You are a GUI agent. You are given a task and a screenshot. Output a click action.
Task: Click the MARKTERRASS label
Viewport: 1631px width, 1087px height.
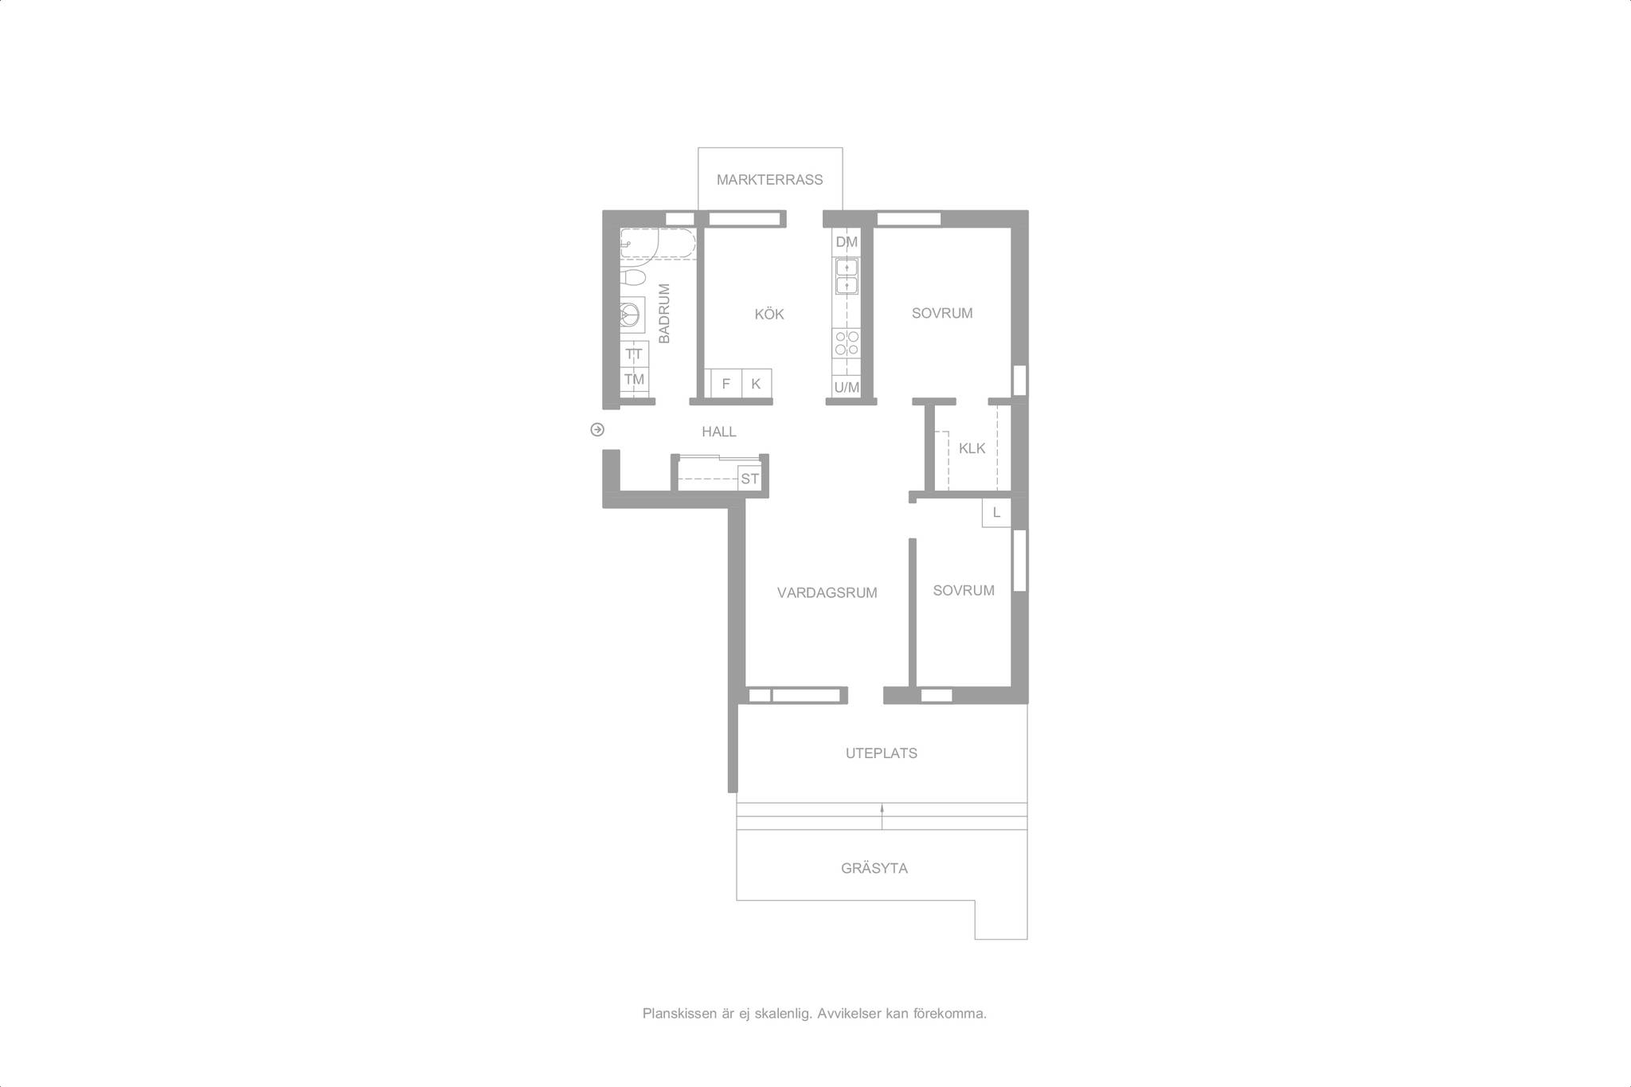point(769,180)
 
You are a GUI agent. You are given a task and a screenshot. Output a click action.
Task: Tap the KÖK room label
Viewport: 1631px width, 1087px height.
point(769,315)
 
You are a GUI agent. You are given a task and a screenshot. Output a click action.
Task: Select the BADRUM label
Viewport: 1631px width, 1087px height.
point(664,314)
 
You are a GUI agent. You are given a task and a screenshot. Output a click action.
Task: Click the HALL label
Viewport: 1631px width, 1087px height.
point(718,432)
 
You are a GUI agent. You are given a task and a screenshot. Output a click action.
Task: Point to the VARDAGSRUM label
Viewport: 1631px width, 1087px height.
point(827,592)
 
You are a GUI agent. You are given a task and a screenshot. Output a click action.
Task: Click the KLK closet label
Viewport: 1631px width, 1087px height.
point(972,448)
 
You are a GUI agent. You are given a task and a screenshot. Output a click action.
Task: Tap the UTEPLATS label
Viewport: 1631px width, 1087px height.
point(881,753)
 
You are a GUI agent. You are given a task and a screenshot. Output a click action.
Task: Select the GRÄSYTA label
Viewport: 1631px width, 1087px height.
point(874,869)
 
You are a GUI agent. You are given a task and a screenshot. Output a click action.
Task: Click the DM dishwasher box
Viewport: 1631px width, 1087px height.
point(846,242)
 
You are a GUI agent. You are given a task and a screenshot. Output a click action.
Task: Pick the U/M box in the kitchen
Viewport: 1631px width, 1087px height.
point(846,387)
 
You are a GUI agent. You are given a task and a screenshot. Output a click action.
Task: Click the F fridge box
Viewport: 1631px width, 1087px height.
point(726,383)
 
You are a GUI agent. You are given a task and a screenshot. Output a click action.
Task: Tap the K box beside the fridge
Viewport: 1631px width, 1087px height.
point(756,383)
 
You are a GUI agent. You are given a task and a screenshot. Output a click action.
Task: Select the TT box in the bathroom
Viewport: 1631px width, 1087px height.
point(634,354)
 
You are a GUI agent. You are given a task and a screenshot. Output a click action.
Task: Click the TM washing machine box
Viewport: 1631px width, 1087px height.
point(634,380)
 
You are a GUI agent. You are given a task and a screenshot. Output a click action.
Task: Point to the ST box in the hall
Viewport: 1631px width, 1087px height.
point(749,479)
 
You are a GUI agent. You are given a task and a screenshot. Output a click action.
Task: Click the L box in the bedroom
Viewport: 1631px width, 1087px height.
point(996,513)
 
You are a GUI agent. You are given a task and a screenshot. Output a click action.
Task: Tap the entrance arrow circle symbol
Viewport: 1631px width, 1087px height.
point(597,430)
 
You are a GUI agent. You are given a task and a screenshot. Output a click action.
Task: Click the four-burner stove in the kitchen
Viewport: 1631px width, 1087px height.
point(846,343)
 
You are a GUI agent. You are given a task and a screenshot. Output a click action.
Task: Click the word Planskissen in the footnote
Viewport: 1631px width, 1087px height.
point(677,1015)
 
